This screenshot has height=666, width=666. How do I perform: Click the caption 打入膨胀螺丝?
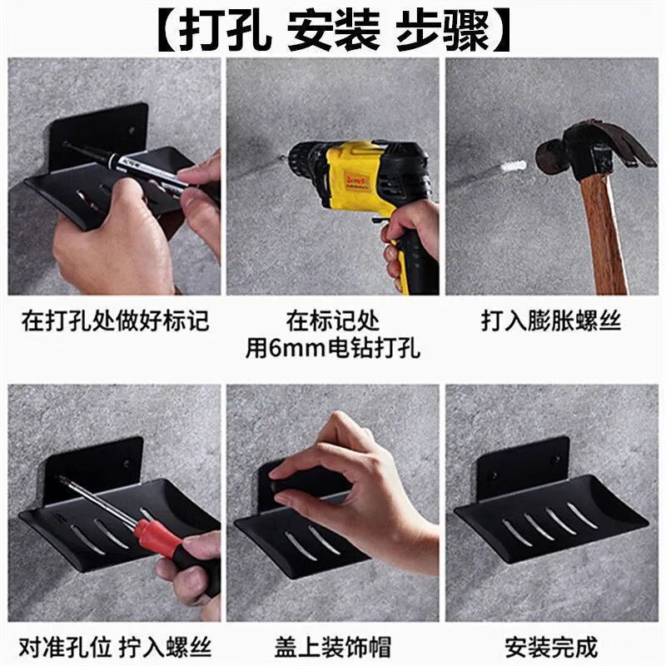pos(551,321)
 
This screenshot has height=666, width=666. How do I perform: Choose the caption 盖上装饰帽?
pos(333,646)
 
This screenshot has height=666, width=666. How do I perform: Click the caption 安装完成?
pos(551,646)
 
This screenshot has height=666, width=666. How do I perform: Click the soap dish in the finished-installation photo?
pos(549,516)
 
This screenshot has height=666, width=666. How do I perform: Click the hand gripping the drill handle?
pos(412,237)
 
